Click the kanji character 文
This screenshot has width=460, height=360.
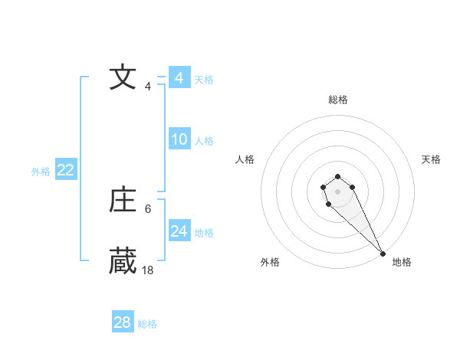point(123,78)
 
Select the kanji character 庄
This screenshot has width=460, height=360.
point(123,201)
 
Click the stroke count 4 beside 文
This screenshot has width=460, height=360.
point(148,87)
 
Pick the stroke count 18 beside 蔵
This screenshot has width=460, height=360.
point(148,270)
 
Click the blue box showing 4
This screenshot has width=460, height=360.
point(179,78)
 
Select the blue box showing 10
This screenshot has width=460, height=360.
point(179,139)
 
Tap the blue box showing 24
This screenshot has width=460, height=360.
point(179,231)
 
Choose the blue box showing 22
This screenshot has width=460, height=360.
point(65,170)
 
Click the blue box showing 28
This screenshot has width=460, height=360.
point(123,322)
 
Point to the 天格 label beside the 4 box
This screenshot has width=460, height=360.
point(204,79)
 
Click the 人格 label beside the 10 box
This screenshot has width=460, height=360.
point(204,141)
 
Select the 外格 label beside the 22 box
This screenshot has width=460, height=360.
point(41,172)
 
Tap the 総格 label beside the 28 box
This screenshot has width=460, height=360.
point(147,324)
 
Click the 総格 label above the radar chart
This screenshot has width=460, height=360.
point(337,100)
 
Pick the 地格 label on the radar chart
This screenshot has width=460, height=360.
point(402,262)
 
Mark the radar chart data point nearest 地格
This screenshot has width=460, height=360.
point(383,254)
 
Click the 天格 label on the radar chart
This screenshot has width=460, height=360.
point(431,159)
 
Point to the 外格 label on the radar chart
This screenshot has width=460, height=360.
point(270,262)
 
